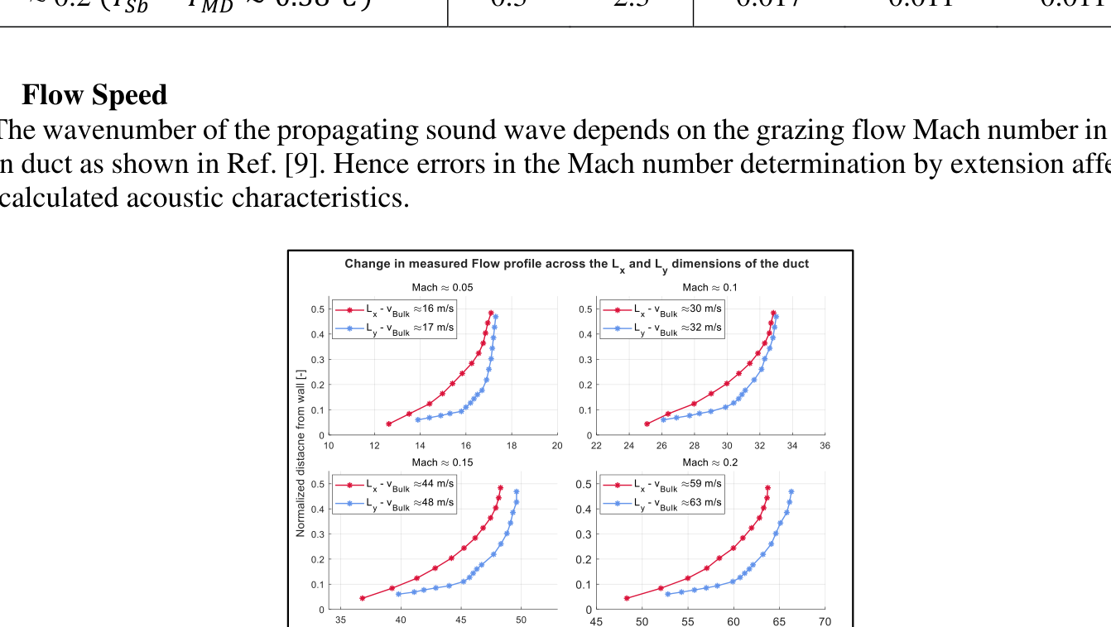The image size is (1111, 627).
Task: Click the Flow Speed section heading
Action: (x=94, y=95)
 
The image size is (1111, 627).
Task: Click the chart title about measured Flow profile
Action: (x=576, y=264)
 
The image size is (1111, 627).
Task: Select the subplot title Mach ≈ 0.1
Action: (x=709, y=288)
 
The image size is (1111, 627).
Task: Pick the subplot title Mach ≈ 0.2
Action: (x=709, y=462)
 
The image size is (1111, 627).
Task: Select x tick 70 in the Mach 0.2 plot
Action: (x=825, y=621)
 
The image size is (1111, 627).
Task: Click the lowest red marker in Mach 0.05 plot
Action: (x=389, y=424)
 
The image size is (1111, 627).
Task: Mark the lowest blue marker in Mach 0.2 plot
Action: (x=668, y=594)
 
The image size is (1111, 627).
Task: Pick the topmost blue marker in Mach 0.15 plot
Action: (x=517, y=491)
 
